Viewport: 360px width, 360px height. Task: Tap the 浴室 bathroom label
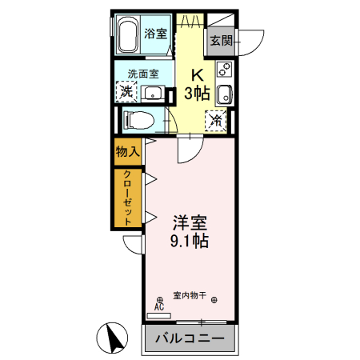pos(157,34)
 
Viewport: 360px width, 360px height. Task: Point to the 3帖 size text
pos(197,94)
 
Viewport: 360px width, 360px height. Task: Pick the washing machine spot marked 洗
pos(126,92)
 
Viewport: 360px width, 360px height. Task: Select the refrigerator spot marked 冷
pos(216,121)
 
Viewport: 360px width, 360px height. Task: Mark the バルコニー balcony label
pos(189,338)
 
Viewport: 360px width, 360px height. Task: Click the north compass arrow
pos(115,338)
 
